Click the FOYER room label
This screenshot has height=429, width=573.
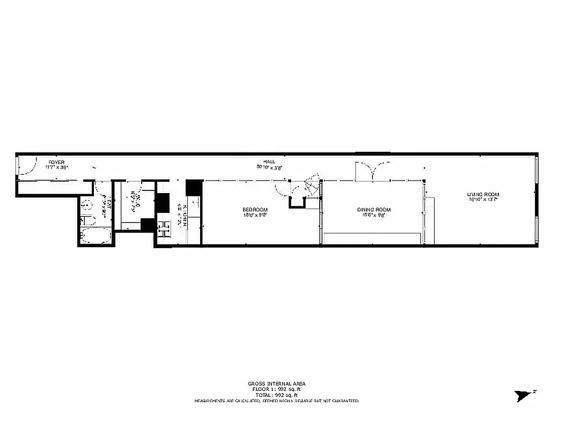coord(57,161)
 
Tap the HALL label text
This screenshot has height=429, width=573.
coord(269,161)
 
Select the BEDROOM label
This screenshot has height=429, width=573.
coord(255,210)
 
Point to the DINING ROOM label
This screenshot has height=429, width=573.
coord(373,210)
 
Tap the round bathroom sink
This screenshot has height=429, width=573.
coord(86,204)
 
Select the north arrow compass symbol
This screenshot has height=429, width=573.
coord(521,396)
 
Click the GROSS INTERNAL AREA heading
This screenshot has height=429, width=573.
coord(276,383)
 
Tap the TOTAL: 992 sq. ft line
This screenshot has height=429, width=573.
coord(276,394)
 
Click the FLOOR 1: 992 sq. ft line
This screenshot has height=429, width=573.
coord(276,389)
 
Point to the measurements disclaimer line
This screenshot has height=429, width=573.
coord(276,401)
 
